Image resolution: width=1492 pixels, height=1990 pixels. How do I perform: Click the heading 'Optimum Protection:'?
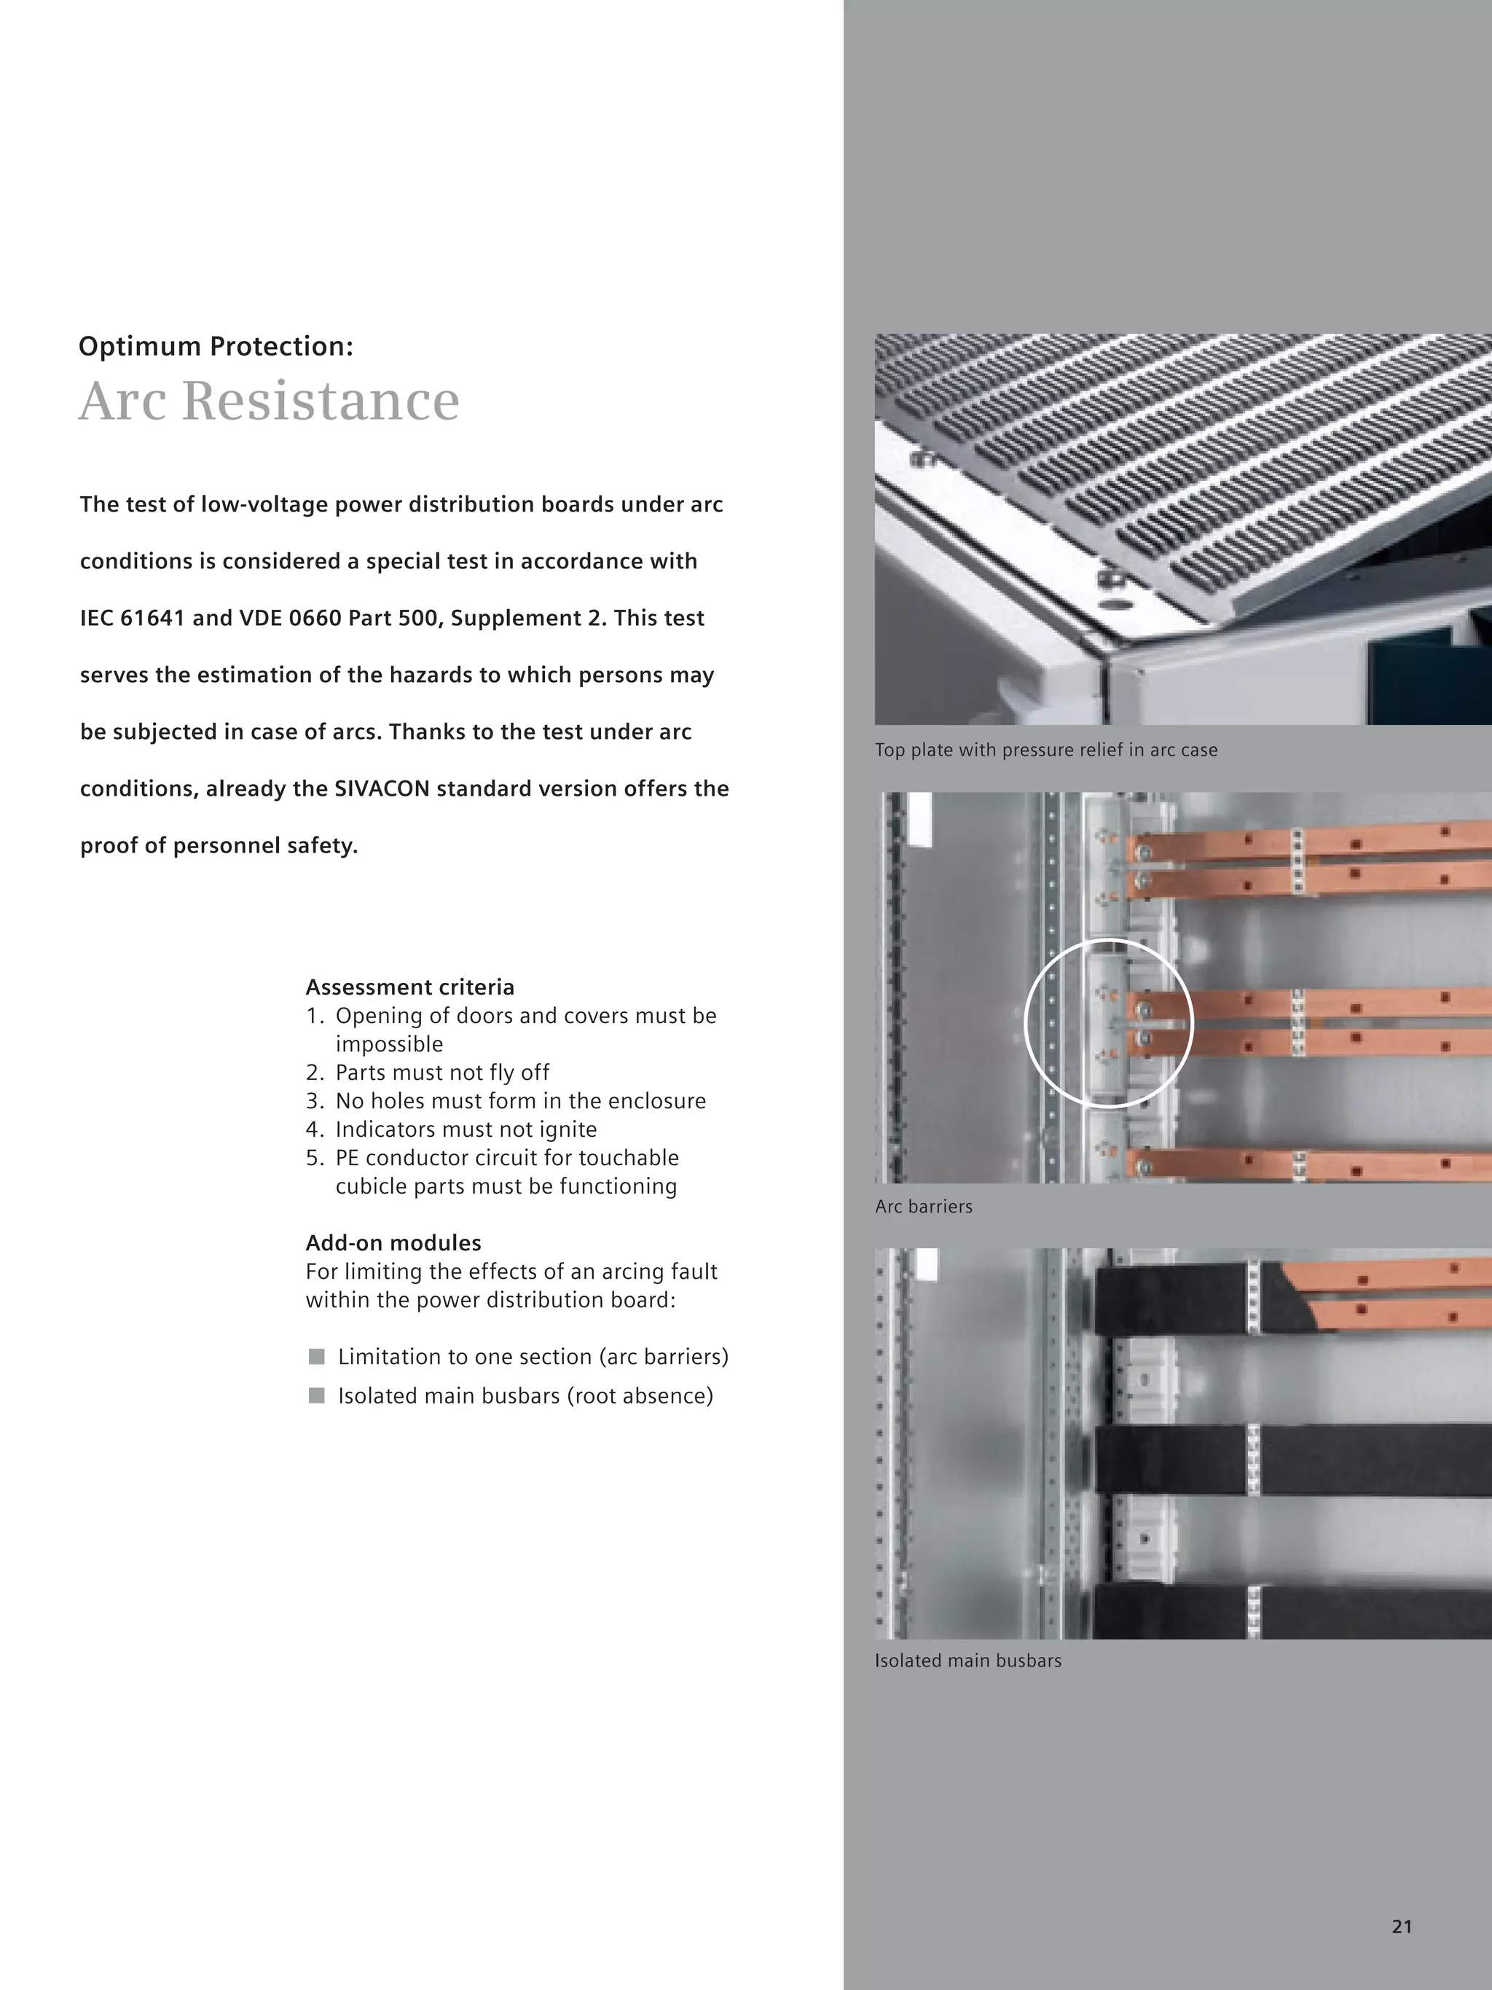[216, 346]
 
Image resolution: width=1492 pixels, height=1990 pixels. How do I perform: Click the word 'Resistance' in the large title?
[321, 401]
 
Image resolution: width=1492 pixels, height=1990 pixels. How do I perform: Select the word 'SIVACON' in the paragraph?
[382, 789]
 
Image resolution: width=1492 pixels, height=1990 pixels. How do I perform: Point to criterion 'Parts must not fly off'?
[441, 1073]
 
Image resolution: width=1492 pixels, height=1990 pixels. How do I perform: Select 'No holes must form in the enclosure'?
[520, 1101]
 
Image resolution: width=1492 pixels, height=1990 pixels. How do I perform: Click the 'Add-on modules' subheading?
[393, 1242]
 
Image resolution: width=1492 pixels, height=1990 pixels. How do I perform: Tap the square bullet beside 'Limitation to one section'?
[317, 1357]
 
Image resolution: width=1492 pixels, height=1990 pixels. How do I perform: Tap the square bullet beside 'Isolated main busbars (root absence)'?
[317, 1395]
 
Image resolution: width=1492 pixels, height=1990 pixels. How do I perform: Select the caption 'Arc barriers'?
[924, 1207]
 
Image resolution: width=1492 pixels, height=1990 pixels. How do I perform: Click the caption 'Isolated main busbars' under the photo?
[967, 1661]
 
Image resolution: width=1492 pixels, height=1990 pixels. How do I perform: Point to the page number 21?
[1401, 1926]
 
